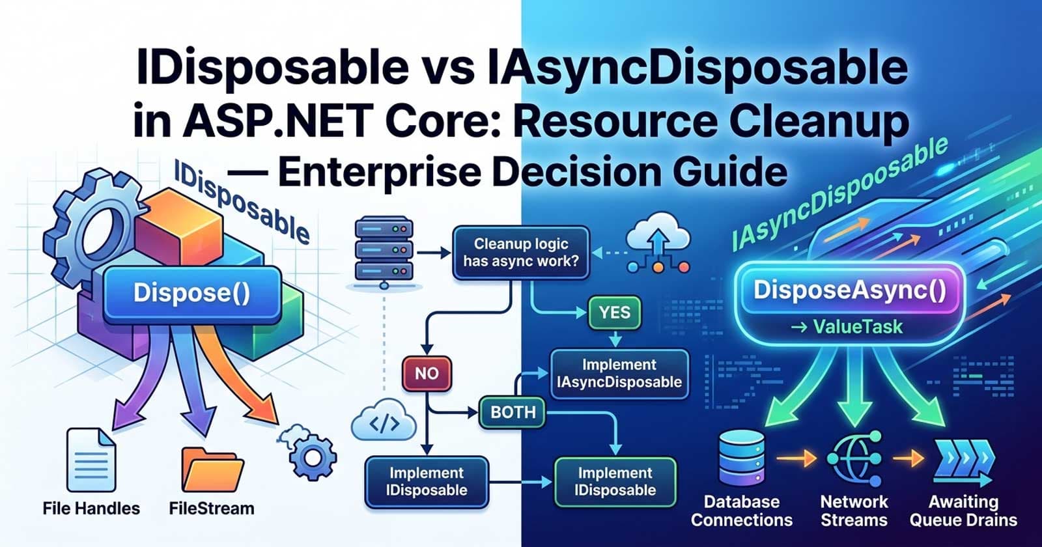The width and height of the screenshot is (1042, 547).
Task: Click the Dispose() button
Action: coord(191,292)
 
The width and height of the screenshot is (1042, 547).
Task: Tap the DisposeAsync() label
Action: coord(850,290)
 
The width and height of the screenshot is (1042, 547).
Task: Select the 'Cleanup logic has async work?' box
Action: coord(521,253)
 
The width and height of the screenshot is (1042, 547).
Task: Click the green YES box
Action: coord(614,313)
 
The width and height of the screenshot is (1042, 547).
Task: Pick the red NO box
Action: coord(427,373)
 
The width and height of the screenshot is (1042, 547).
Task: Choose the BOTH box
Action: coord(513,412)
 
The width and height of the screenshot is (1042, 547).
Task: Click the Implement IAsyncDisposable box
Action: coord(619,373)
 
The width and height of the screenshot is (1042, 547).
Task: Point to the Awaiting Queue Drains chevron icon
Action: coord(963,460)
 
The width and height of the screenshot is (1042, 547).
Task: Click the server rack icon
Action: coord(384,251)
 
